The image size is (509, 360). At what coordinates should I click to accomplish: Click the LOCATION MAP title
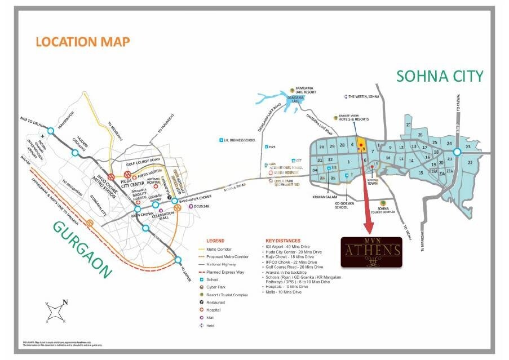pyautogui.click(x=82, y=42)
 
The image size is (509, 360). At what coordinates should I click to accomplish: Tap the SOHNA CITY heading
pyautogui.click(x=440, y=76)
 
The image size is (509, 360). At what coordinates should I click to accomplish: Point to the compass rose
pyautogui.click(x=55, y=312)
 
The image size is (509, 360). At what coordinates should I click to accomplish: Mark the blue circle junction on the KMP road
pyautogui.click(x=457, y=152)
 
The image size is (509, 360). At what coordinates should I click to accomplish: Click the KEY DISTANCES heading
pyautogui.click(x=282, y=241)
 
